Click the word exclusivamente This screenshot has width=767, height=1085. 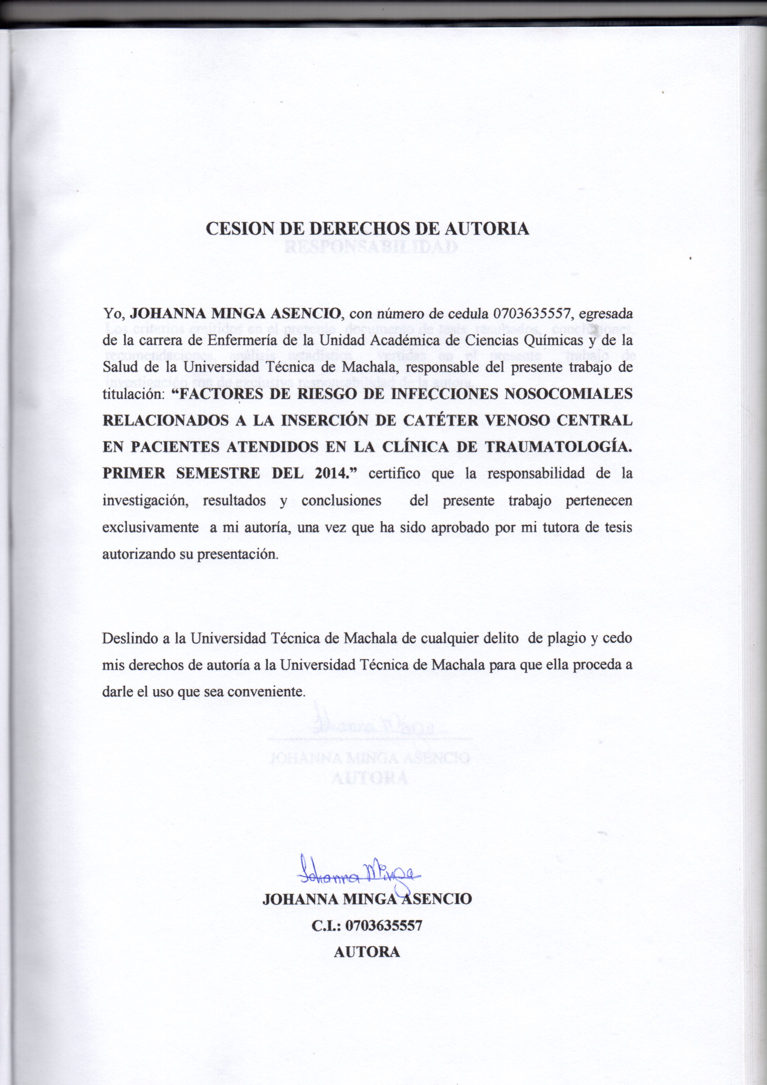(150, 528)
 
